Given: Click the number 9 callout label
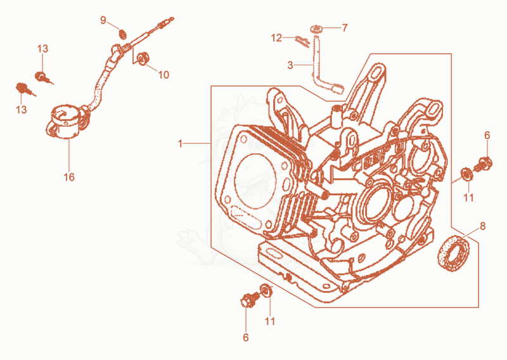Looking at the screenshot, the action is pyautogui.click(x=103, y=20).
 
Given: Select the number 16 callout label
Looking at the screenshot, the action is pyautogui.click(x=69, y=177).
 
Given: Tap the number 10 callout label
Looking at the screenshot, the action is pyautogui.click(x=164, y=75).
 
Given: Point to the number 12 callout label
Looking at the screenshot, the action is pyautogui.click(x=276, y=38).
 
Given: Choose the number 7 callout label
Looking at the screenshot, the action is pyautogui.click(x=345, y=28).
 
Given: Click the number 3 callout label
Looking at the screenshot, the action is pyautogui.click(x=290, y=65).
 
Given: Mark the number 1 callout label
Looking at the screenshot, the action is pyautogui.click(x=181, y=143).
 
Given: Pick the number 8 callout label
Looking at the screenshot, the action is pyautogui.click(x=482, y=226).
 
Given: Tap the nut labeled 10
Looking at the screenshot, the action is pyautogui.click(x=143, y=58).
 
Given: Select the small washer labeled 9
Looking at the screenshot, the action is pyautogui.click(x=122, y=34).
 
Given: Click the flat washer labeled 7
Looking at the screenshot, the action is pyautogui.click(x=315, y=29).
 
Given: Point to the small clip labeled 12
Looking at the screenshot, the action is pyautogui.click(x=302, y=41).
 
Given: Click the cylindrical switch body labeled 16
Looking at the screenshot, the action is pyautogui.click(x=65, y=122).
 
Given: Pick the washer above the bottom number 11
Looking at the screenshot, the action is pyautogui.click(x=266, y=290).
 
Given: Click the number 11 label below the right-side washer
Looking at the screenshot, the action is pyautogui.click(x=468, y=198).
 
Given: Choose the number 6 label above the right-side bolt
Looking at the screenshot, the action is pyautogui.click(x=487, y=136).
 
